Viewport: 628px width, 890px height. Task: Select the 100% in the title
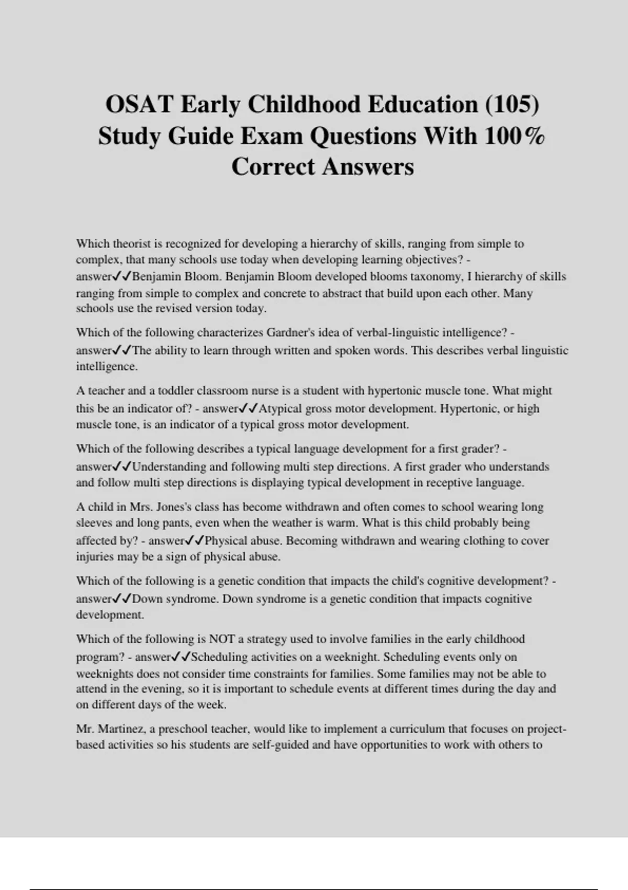point(515,136)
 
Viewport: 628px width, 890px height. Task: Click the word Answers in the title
point(367,167)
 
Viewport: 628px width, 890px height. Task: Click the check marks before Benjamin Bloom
point(122,276)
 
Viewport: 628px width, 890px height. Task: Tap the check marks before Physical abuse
point(194,540)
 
